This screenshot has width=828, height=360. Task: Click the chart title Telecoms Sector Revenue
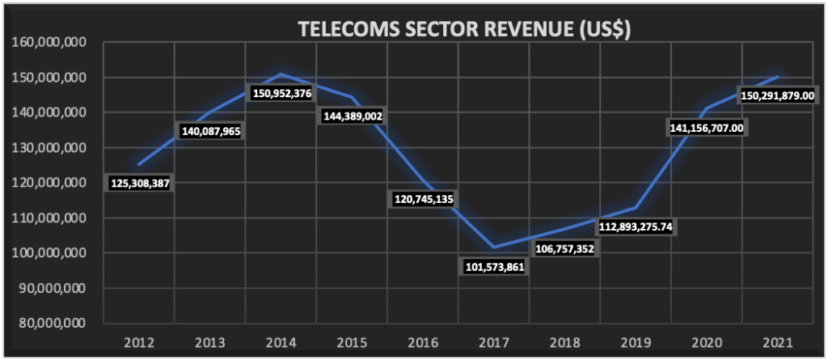click(464, 30)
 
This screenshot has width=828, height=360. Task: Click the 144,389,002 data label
click(352, 116)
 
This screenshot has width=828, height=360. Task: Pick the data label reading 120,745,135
click(422, 199)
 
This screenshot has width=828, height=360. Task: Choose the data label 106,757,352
click(564, 248)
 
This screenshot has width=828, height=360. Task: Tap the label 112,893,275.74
click(635, 227)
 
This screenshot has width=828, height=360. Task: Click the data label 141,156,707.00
click(707, 128)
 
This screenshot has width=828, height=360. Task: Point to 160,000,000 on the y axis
click(51, 42)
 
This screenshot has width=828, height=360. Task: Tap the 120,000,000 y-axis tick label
click(51, 183)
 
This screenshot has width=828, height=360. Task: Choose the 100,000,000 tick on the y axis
click(51, 252)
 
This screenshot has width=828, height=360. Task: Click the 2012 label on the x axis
click(140, 342)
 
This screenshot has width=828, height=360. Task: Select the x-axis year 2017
click(493, 342)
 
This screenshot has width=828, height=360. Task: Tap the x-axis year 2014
click(281, 342)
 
